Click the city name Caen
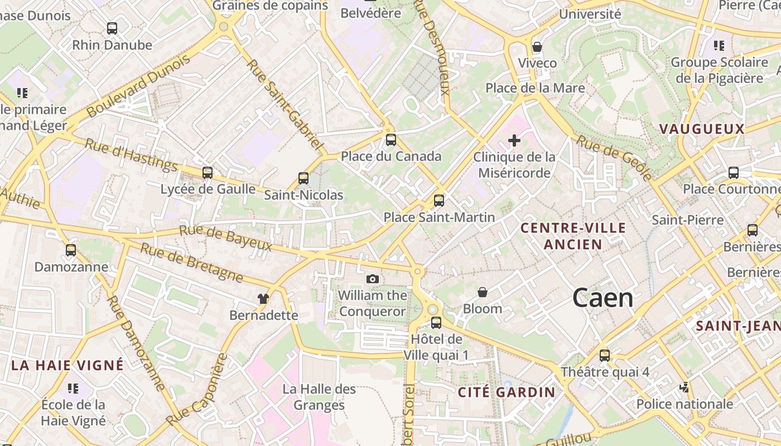click(x=602, y=298)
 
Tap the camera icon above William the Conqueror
click(x=373, y=279)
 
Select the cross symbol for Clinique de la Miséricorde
click(x=514, y=140)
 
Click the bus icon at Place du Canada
click(x=391, y=140)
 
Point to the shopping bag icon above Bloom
click(x=483, y=292)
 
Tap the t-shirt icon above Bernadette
click(x=263, y=299)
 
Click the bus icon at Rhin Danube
click(x=112, y=28)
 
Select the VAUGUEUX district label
click(x=702, y=129)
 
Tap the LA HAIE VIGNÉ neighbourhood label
click(x=68, y=366)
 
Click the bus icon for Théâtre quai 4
click(x=605, y=356)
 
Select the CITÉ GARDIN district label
click(x=507, y=392)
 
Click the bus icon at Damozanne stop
click(x=71, y=250)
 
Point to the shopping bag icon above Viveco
click(x=537, y=47)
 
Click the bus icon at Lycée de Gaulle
click(x=208, y=173)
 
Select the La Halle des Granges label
click(x=319, y=396)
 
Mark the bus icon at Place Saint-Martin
click(x=439, y=201)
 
